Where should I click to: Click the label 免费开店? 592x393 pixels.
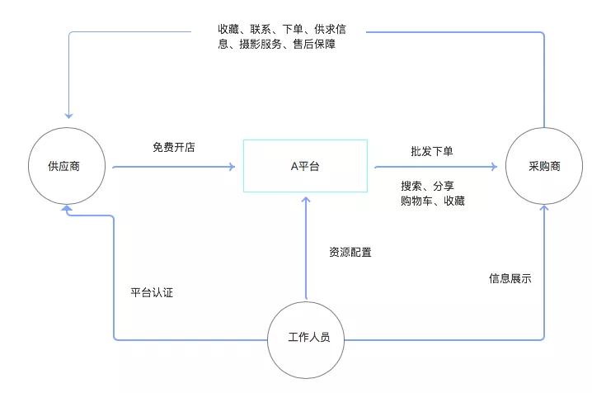tap(174, 147)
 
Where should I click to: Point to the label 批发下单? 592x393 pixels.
tap(432, 152)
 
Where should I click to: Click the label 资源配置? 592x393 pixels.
tap(350, 252)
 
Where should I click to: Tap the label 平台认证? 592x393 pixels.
tap(152, 292)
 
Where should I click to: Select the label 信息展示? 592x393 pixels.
tap(510, 278)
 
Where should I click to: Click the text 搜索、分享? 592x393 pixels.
tap(427, 186)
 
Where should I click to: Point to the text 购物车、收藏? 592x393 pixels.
tap(433, 201)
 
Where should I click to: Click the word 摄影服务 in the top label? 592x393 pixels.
tap(261, 45)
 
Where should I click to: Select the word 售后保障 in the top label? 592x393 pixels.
tap(314, 45)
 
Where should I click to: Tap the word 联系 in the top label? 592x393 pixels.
tap(260, 29)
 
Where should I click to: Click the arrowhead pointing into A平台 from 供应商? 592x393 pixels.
tap(232, 167)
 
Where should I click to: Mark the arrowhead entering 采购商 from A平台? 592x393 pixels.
tap(494, 166)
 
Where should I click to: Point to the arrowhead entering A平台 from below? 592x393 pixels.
tap(306, 201)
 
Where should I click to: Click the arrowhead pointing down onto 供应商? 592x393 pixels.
tap(68, 116)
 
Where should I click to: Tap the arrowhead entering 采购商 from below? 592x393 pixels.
tap(544, 208)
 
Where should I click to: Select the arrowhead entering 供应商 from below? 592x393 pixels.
tap(67, 208)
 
